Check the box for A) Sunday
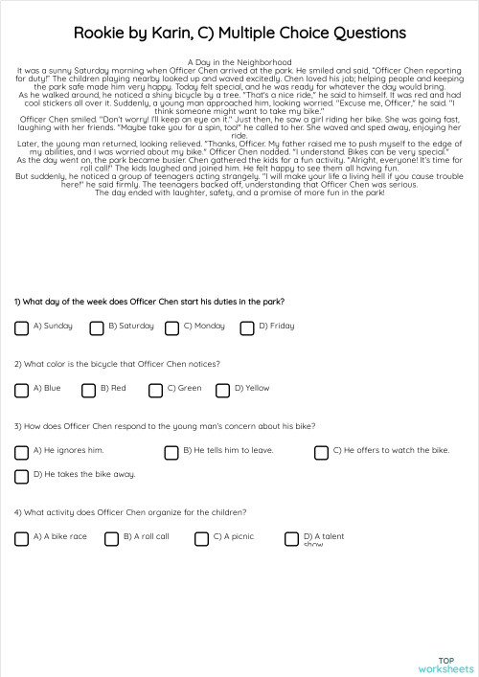click(21, 327)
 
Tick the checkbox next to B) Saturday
click(97, 327)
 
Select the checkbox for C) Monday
click(171, 327)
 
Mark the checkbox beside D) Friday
click(246, 327)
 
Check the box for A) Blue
click(21, 390)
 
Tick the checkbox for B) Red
click(88, 390)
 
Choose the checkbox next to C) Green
click(155, 390)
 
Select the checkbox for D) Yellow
click(222, 390)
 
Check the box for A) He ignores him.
click(21, 452)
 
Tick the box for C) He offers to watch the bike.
click(321, 452)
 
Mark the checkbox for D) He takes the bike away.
click(21, 476)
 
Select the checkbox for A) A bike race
click(21, 538)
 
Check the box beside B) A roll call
click(111, 538)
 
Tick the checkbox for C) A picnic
click(201, 538)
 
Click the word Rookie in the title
click(101, 34)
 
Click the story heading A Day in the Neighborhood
click(239, 62)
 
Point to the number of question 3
click(17, 426)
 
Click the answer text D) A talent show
click(323, 540)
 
